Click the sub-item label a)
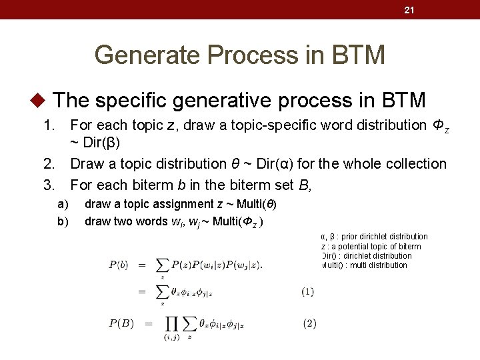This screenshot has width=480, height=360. [x=62, y=203]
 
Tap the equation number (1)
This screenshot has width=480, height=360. [x=307, y=291]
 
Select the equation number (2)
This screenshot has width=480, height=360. [x=309, y=323]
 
